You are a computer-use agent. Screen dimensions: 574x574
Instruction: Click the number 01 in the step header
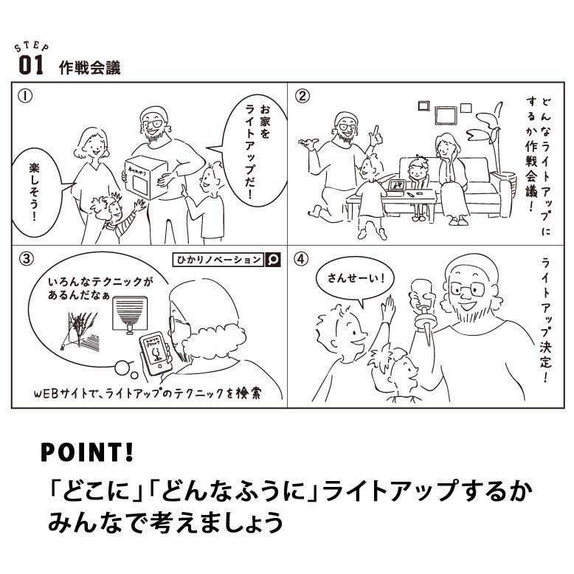[31, 66]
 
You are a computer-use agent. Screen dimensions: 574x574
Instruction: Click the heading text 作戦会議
[89, 68]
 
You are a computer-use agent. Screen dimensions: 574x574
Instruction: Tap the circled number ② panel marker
[302, 96]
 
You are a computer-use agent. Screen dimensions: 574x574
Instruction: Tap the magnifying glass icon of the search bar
[273, 259]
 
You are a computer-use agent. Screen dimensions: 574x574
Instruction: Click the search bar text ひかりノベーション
[218, 259]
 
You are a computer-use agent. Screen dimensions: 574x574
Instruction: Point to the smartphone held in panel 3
[156, 353]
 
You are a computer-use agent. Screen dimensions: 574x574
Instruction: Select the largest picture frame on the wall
[446, 115]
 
